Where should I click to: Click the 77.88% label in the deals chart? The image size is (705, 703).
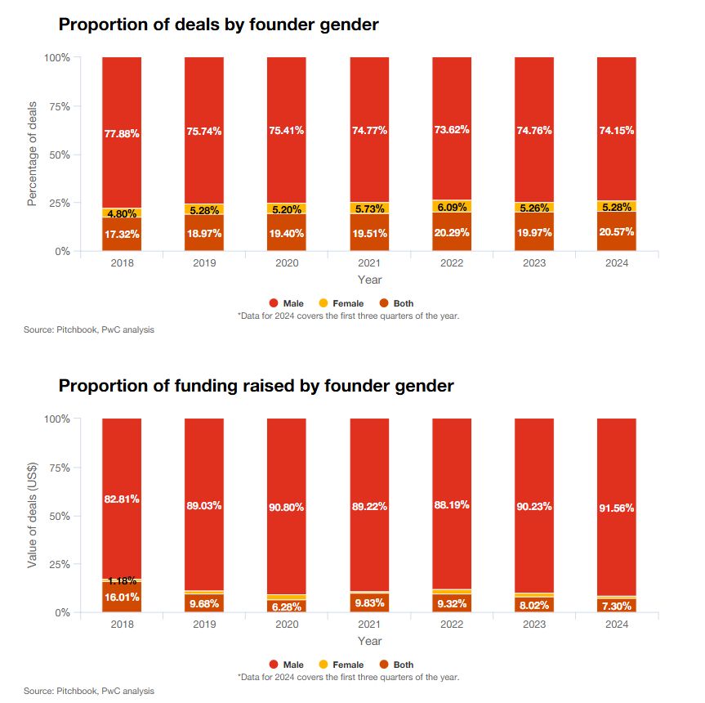[x=122, y=133]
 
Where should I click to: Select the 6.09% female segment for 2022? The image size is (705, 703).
[x=452, y=207]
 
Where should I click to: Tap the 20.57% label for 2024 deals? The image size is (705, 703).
[x=617, y=233]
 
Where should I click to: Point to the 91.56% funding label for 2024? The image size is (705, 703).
[x=617, y=507]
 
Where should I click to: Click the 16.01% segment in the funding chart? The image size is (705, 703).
[x=122, y=597]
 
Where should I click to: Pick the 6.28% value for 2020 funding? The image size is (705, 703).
[x=287, y=607]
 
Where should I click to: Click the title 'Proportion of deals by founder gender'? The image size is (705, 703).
[x=218, y=25]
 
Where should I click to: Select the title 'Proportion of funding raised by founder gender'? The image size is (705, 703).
[x=256, y=385]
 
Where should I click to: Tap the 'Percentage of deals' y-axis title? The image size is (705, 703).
[x=32, y=154]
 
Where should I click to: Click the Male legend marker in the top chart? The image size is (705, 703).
[x=274, y=303]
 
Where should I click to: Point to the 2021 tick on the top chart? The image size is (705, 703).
[x=369, y=264]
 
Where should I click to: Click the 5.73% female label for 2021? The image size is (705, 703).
[x=369, y=208]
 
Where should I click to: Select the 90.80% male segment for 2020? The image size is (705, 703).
[x=287, y=507]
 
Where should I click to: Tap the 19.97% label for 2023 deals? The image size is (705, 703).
[x=534, y=234]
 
